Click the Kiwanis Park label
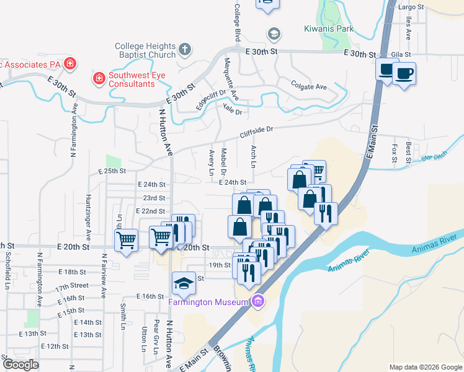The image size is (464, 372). pos(328,29)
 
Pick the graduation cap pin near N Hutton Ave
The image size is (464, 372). pos(184,283)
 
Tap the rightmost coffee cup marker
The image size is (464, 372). pos(404,74)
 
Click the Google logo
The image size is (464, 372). pos(20,365)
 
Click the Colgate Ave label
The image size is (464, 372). pos(309,87)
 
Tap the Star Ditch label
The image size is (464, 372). pos(434,156)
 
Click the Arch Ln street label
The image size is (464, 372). pos(253,157)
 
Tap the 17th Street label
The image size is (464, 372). pos(71,288)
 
